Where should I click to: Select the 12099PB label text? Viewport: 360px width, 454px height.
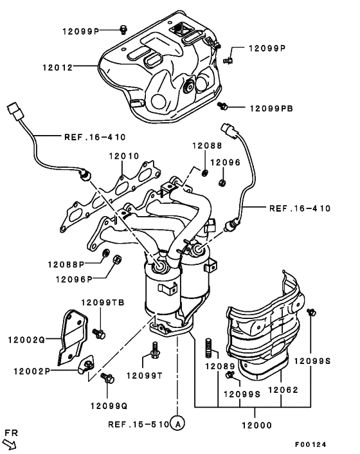(x=270, y=109)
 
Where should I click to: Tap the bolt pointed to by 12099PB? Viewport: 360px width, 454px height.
(x=222, y=104)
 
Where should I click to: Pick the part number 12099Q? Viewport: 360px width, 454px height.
(x=109, y=405)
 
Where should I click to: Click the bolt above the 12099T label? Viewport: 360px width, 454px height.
(x=154, y=351)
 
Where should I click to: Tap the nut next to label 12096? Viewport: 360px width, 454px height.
(x=221, y=183)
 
